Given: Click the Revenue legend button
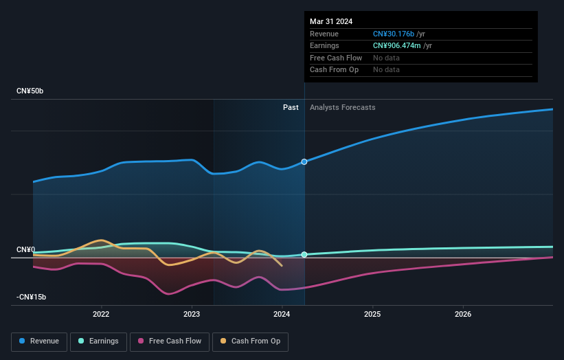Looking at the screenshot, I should (40, 341).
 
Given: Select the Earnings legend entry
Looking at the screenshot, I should (98, 341).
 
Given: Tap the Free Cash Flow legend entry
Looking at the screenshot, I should (168, 341).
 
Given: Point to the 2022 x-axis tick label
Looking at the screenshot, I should (101, 315).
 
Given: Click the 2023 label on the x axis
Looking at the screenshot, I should (192, 315).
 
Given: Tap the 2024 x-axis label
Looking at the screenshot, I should (282, 315).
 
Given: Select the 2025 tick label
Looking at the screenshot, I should (372, 315).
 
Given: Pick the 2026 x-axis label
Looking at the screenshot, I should (463, 315).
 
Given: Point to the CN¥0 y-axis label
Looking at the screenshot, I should (26, 249).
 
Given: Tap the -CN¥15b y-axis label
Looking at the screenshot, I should (32, 297).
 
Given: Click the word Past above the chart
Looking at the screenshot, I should (291, 107).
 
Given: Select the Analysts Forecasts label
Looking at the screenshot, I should (342, 107).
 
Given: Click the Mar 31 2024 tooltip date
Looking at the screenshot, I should (331, 21).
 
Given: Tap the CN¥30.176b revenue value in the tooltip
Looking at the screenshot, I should (394, 34).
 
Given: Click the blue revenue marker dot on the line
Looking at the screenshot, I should (304, 161).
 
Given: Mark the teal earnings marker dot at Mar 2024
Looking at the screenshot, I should (304, 255).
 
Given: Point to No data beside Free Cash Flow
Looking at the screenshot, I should (386, 58).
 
